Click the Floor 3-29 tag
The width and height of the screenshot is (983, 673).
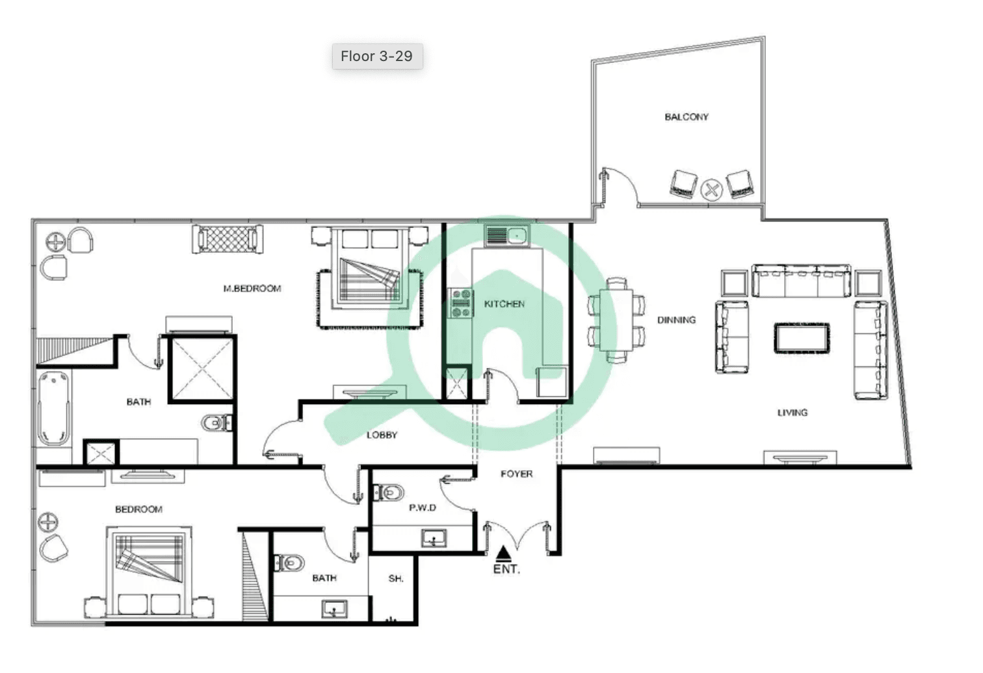(377, 56)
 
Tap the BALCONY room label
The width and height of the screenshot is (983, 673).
(687, 117)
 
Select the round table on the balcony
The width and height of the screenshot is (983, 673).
(711, 190)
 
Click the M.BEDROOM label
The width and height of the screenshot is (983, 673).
(252, 288)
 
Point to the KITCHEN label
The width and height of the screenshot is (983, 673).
(505, 304)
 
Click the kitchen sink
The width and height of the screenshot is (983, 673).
(507, 236)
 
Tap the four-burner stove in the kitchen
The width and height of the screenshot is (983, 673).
(460, 303)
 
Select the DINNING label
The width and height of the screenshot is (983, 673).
(676, 320)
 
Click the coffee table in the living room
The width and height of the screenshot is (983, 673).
(802, 338)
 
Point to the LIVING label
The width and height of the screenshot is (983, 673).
(792, 413)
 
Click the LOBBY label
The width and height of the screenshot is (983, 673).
(382, 435)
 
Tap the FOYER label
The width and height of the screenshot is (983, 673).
(516, 474)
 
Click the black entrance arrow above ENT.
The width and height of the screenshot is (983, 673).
(504, 553)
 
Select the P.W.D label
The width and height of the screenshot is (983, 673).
(422, 508)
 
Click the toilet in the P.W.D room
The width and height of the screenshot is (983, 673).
(388, 492)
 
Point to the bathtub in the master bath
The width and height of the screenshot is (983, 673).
(54, 408)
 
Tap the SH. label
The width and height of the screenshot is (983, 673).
(396, 579)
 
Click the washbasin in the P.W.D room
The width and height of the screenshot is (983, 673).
(434, 538)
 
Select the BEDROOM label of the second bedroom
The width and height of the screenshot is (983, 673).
(138, 509)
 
